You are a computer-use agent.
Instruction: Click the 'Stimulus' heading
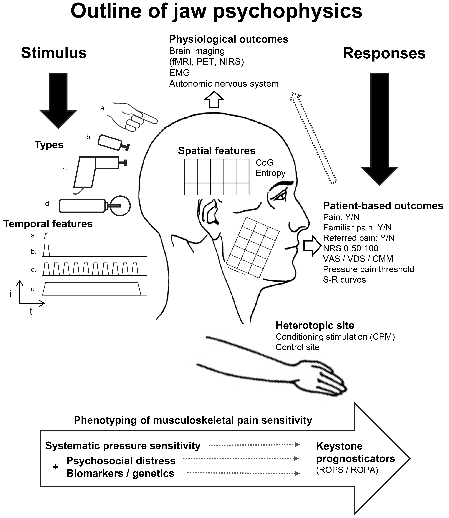pos(54,53)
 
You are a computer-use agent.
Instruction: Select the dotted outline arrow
pos(313,138)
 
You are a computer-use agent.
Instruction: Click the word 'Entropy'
pos(270,173)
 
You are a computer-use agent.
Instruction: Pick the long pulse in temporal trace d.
pos(91,289)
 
